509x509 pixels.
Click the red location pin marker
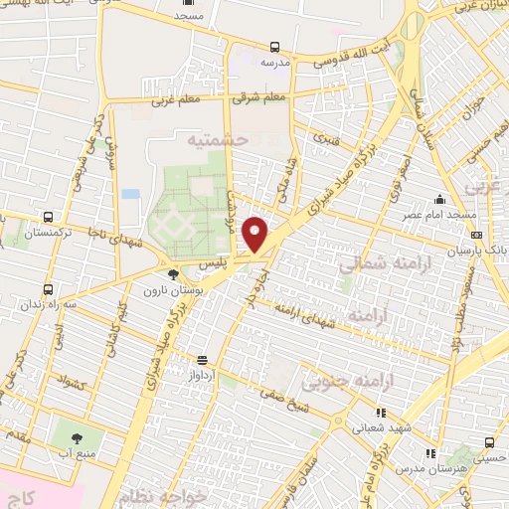pyautogui.click(x=255, y=234)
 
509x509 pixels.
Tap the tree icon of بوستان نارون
pyautogui.click(x=174, y=274)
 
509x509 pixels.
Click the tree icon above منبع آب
pyautogui.click(x=77, y=434)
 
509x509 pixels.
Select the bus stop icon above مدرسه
pyautogui.click(x=273, y=47)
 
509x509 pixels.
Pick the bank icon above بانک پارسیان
pyautogui.click(x=476, y=235)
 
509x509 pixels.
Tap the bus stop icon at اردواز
pyautogui.click(x=203, y=360)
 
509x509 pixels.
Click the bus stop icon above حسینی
pyautogui.click(x=488, y=442)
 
